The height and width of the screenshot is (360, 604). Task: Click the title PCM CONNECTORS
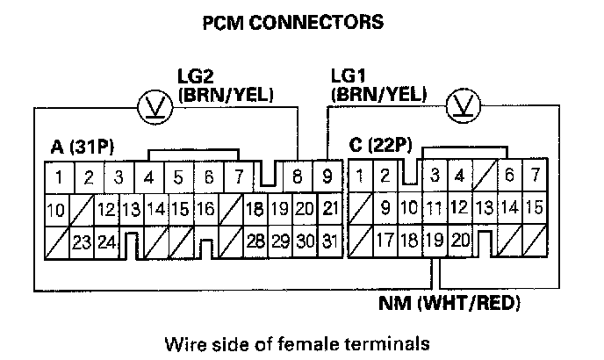[300, 19]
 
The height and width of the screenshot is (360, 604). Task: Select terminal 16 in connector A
[205, 210]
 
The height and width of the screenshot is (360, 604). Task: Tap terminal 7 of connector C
[533, 177]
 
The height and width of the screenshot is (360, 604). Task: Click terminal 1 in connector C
[361, 177]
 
